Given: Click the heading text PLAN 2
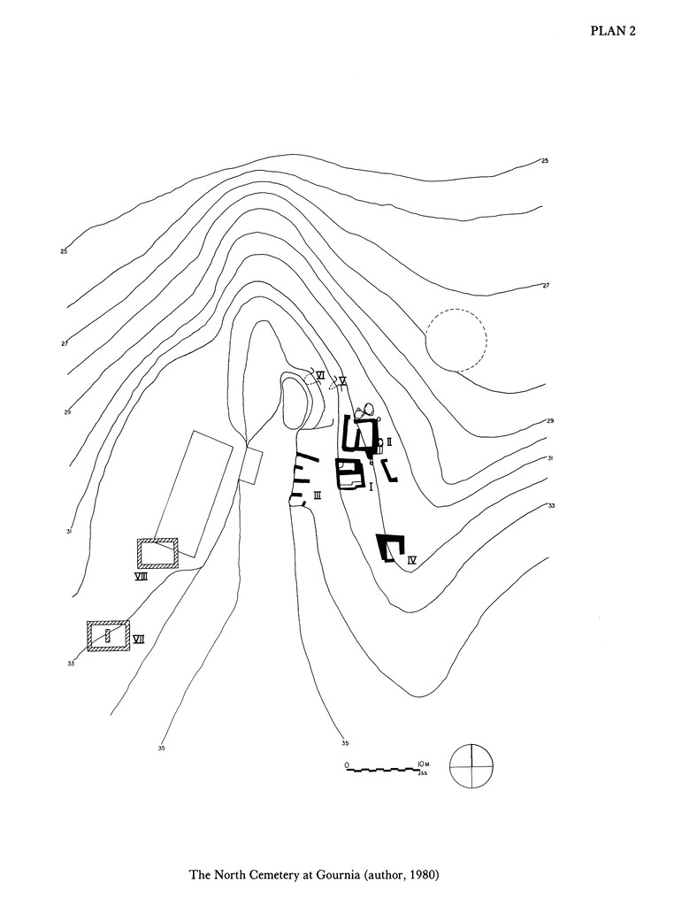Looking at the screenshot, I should point(613,31).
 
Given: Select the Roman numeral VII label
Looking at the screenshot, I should point(139,639).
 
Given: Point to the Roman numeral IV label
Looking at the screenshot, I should point(412,559).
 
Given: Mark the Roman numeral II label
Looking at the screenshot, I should point(389,441).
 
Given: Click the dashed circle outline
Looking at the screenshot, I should point(456,340).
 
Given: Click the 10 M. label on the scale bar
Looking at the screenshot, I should point(421,763).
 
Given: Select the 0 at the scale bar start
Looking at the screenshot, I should point(348,764).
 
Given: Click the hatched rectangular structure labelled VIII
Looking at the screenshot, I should point(157,553).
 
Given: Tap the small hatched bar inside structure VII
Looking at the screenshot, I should point(108,635).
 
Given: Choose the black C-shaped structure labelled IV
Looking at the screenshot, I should point(389,548).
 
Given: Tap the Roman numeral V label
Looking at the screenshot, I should point(341,380).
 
